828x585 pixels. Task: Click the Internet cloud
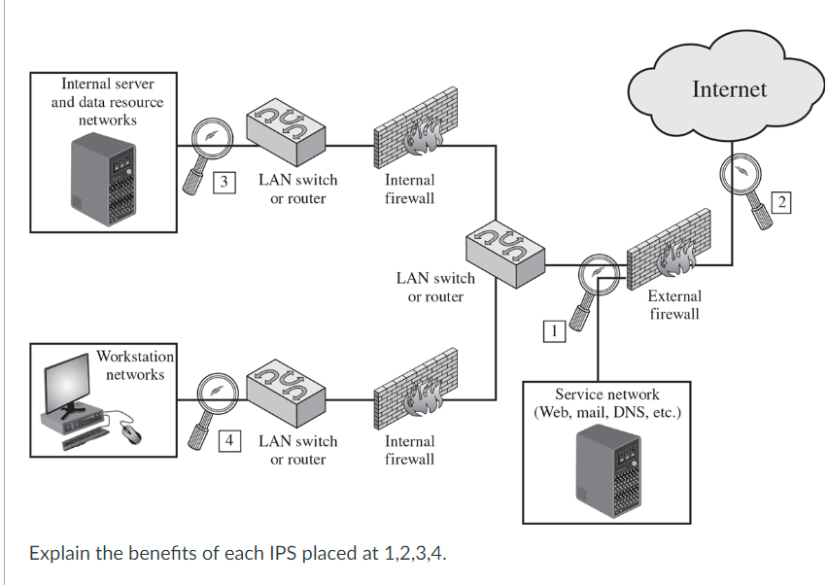728,83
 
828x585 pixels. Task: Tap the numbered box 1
553,331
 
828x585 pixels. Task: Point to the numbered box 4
228,440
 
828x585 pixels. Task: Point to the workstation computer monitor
67,381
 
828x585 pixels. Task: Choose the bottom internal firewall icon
409,398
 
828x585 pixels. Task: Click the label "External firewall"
673,304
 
